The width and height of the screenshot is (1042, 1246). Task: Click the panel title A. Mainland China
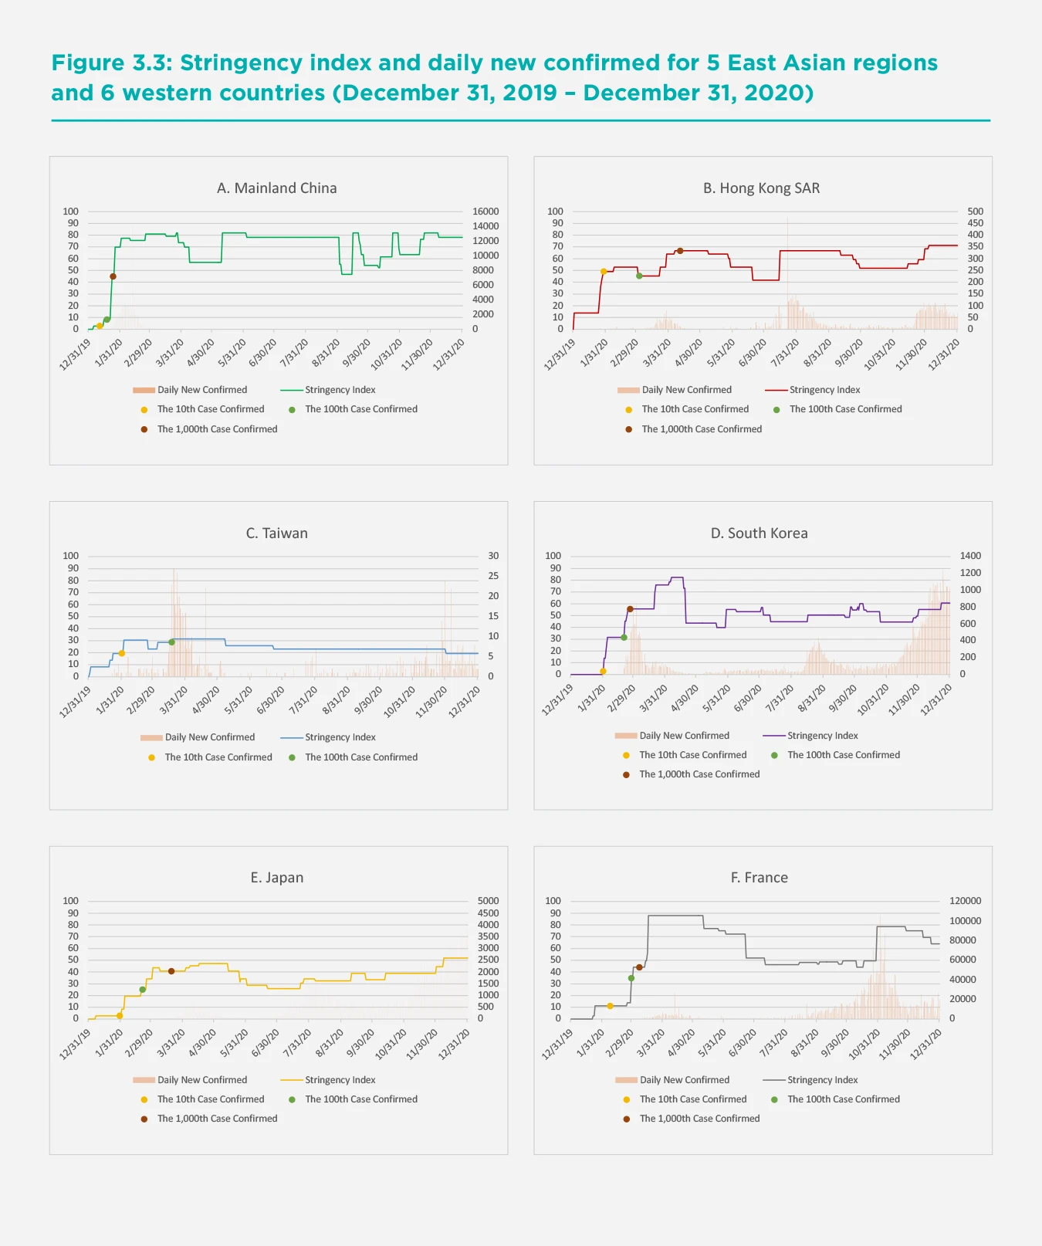tap(276, 188)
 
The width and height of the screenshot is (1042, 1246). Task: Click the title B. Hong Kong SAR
tap(761, 188)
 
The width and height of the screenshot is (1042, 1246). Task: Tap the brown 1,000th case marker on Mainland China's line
tap(113, 276)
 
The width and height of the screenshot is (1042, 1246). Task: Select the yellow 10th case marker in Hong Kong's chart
tap(604, 272)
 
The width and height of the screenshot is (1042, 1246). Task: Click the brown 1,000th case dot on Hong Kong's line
tap(680, 251)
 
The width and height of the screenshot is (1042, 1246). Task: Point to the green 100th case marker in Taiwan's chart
tap(171, 642)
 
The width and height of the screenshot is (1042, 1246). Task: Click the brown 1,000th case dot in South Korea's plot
tap(630, 609)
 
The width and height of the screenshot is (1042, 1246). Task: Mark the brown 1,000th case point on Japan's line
tap(171, 971)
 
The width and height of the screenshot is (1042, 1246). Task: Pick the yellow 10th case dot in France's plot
tap(610, 1006)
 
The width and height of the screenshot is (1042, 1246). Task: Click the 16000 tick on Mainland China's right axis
tap(485, 212)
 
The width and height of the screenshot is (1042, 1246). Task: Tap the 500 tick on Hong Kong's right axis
tap(975, 212)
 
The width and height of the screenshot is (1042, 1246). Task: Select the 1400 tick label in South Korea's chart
tap(970, 556)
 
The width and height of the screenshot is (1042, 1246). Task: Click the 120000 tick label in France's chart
tap(965, 901)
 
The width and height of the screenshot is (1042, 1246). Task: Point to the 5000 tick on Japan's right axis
tap(488, 901)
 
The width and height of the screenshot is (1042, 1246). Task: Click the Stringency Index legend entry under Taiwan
tap(340, 737)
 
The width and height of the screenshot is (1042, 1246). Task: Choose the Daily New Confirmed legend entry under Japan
tap(202, 1080)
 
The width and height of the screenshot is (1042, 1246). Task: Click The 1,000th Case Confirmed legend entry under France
tap(699, 1119)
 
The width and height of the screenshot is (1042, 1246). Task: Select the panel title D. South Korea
tap(759, 533)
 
